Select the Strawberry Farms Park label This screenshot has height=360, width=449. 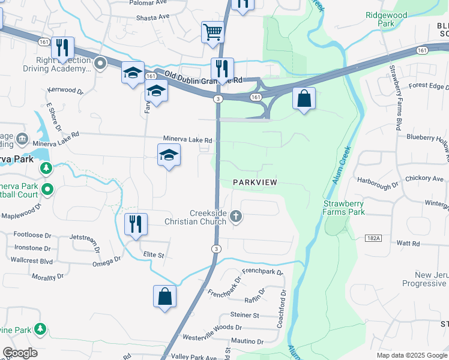click(x=343, y=208)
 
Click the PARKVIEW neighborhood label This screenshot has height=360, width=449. click(x=255, y=182)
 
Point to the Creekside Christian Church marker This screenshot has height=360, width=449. click(x=236, y=217)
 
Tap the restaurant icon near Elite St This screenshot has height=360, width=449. click(x=135, y=224)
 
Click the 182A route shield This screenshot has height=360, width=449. click(x=373, y=238)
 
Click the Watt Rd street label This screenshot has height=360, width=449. click(x=408, y=243)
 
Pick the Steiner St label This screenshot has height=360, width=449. click(x=244, y=315)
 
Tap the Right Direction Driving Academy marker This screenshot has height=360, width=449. click(x=100, y=62)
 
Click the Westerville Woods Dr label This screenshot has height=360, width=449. click(x=211, y=328)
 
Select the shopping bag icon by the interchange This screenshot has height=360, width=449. click(x=304, y=98)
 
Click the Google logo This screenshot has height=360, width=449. click(x=20, y=353)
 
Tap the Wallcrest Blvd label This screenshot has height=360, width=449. click(x=31, y=260)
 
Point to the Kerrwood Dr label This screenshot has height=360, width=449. click(x=65, y=90)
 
